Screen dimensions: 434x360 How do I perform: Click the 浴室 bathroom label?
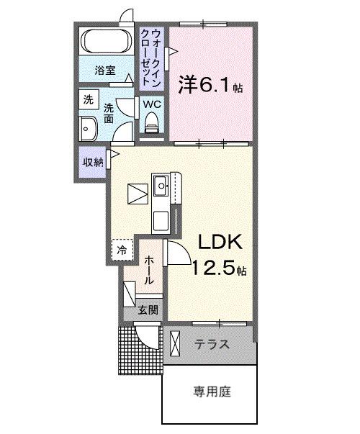point(105,70)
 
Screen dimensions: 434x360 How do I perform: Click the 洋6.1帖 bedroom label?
point(210,86)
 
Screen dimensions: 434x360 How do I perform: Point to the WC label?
point(151,104)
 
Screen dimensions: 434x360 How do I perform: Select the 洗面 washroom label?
point(108,113)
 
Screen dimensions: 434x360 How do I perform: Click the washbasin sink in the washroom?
point(90,130)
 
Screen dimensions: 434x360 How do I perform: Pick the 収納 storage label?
point(92,160)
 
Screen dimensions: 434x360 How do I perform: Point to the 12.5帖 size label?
point(219,270)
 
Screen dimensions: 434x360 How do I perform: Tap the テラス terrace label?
point(212,345)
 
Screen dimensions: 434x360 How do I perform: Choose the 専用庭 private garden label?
point(211,393)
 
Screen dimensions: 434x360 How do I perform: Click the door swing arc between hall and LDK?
point(179,254)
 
